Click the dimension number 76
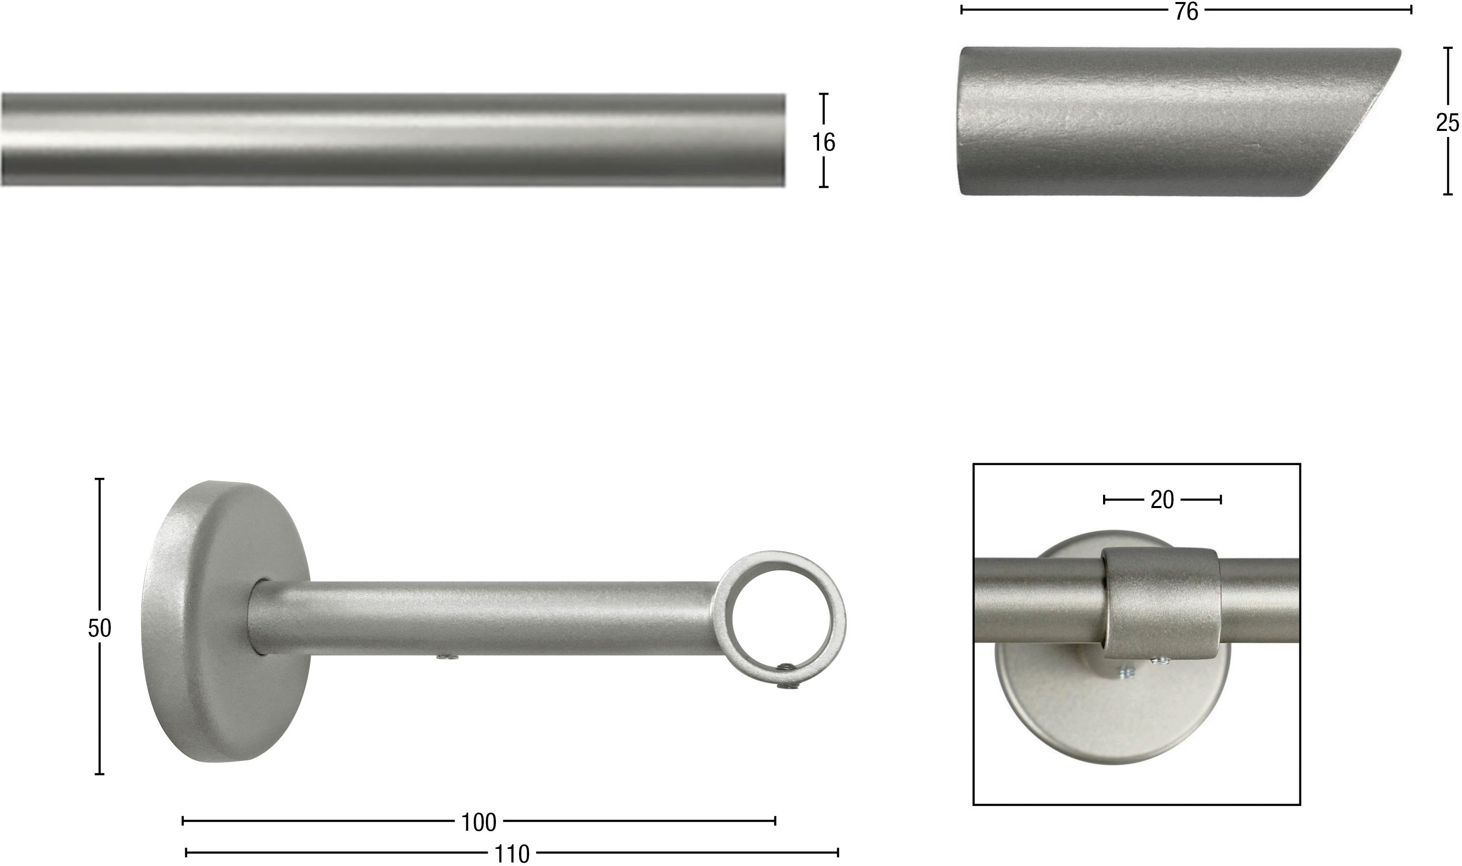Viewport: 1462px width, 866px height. coord(1186,12)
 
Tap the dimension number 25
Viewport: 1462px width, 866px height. coord(1448,123)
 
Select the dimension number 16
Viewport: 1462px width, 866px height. coord(824,142)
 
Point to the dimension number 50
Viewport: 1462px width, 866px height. coord(99,628)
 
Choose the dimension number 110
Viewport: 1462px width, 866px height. coord(511,854)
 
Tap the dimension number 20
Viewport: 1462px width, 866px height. coord(1162,500)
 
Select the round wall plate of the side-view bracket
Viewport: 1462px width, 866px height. coord(225,622)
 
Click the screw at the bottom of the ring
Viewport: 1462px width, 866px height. coord(787,684)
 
